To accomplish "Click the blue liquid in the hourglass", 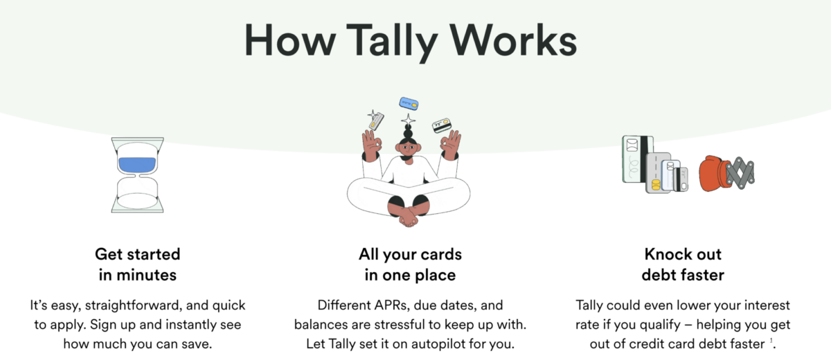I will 137,165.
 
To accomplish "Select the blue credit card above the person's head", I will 409,105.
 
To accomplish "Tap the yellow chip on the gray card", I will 655,185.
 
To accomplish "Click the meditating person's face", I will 407,148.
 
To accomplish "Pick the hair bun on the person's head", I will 407,132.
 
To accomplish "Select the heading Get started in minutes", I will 137,264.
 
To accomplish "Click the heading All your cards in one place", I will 410,264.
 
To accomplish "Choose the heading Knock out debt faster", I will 683,264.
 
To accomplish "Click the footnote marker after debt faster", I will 771,341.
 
